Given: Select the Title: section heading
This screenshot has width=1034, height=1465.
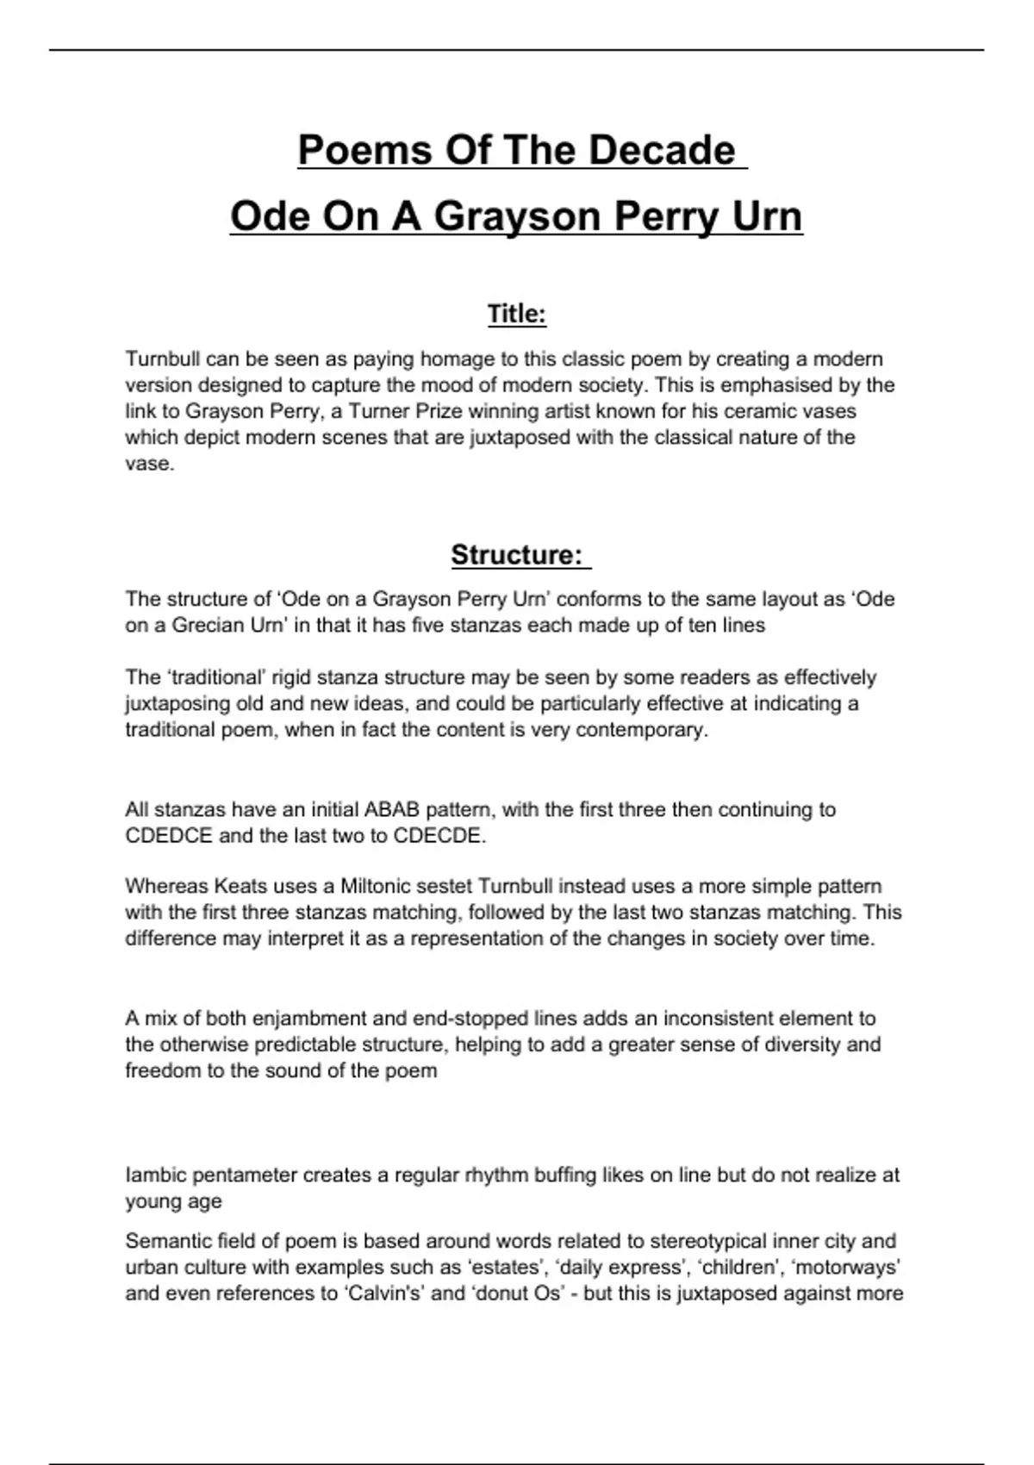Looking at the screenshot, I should point(517,315).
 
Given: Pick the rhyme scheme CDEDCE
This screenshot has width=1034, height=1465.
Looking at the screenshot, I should point(168,836).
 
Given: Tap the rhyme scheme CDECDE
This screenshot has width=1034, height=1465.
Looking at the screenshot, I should point(439,836).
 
